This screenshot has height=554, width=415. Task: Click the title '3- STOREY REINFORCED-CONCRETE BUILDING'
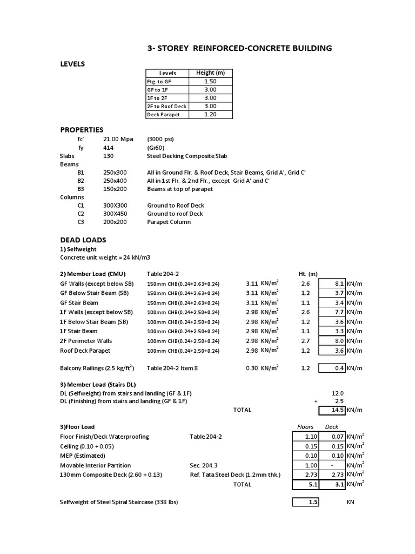coord(239,49)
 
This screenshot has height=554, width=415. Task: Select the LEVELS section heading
coord(72,64)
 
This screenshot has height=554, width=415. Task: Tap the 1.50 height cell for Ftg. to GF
coord(210,81)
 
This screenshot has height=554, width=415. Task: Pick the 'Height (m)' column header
coord(210,72)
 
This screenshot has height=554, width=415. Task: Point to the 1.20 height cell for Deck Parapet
coord(210,115)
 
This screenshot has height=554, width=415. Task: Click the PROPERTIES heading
coord(82,130)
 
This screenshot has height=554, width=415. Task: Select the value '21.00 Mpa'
coord(118,139)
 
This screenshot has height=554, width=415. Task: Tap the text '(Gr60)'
coord(156,147)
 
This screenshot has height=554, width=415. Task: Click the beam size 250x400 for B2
coord(115,180)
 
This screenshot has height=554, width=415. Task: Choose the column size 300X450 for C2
coord(115,214)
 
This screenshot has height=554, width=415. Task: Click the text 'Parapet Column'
coord(169,222)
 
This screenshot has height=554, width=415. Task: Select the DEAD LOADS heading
coord(83,240)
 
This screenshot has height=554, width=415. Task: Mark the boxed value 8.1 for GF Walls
coord(332,283)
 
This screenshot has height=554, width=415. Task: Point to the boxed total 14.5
coord(332,410)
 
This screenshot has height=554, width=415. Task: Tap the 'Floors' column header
coord(305,427)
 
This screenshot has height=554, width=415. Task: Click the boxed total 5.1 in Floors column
coord(305,485)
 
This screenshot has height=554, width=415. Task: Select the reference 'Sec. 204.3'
coord(205,465)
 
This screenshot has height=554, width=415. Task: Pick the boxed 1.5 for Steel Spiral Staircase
coord(305,502)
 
